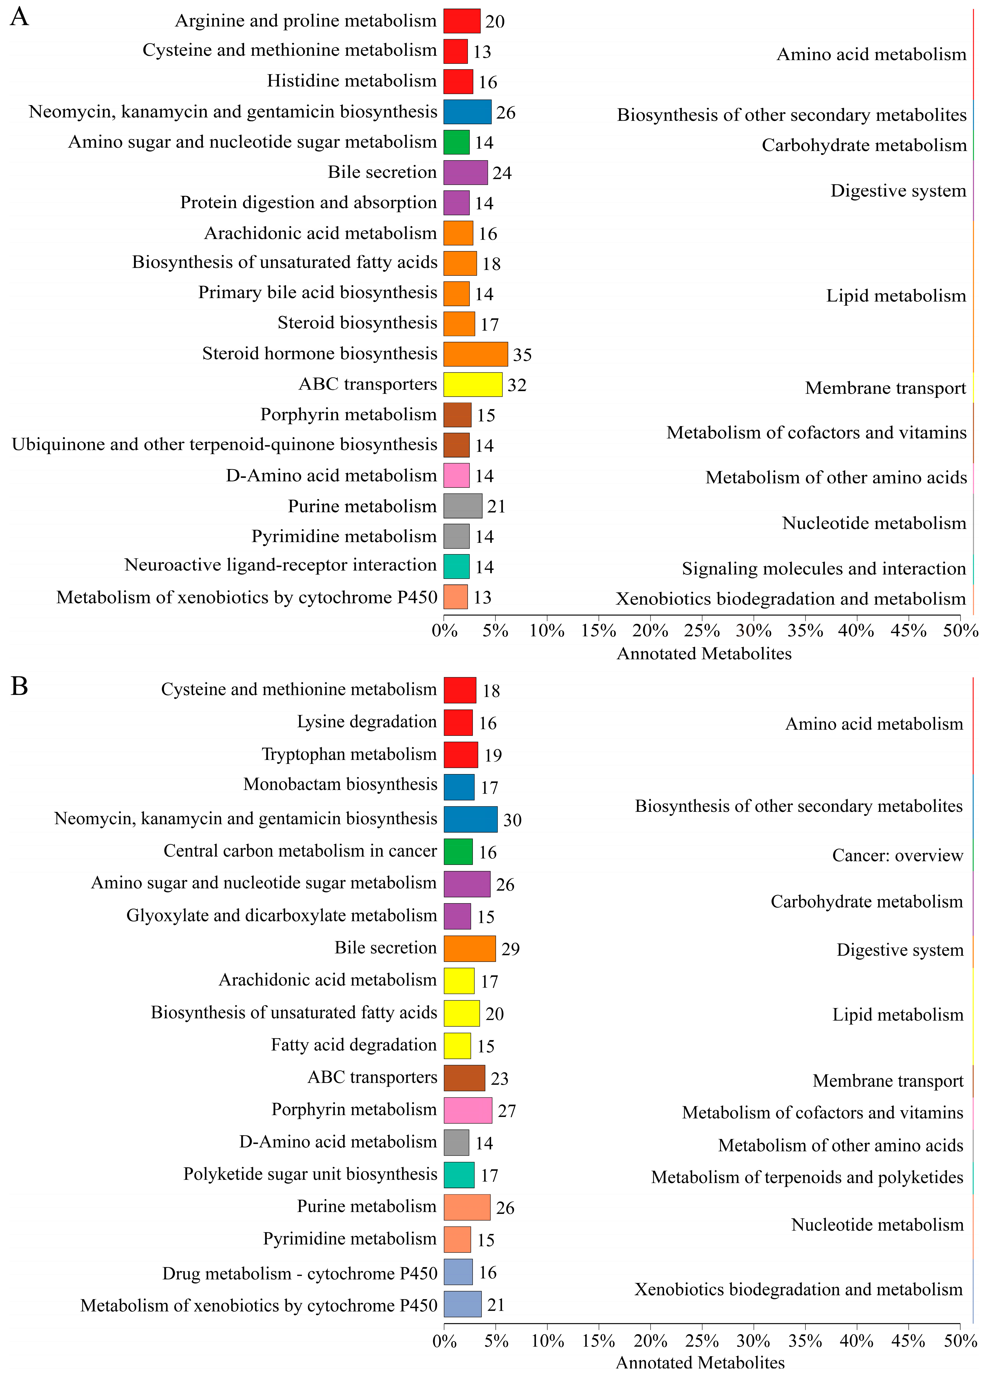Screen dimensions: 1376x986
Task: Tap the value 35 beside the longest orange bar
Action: pos(522,355)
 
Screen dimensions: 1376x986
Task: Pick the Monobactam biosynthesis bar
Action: pos(459,787)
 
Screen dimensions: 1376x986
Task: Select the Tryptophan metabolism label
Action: pos(349,754)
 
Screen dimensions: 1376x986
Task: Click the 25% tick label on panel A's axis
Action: pos(702,631)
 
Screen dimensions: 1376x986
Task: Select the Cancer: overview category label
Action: pos(897,855)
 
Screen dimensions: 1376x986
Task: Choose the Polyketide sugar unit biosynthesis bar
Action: pos(459,1175)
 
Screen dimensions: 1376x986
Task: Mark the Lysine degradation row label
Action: pos(367,722)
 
